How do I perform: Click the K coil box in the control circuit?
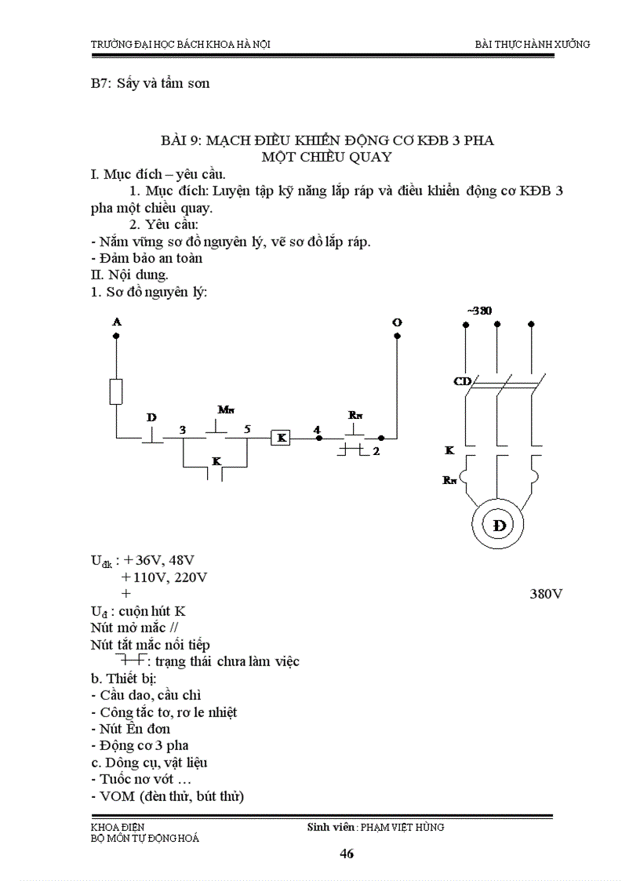click(x=280, y=438)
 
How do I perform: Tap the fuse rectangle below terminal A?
click(x=116, y=391)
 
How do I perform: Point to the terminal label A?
click(x=117, y=322)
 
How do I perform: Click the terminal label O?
click(x=397, y=322)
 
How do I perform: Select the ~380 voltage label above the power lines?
click(x=479, y=311)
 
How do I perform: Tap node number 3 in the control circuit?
click(x=182, y=430)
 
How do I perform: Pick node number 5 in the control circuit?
click(x=247, y=430)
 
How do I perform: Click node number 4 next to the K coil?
click(x=317, y=429)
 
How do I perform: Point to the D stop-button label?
click(x=151, y=417)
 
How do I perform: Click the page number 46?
click(x=347, y=854)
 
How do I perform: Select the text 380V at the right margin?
click(x=547, y=594)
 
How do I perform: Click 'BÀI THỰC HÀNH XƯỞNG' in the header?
click(x=533, y=44)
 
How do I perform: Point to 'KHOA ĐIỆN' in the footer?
click(x=118, y=827)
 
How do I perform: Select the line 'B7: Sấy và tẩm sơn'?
click(x=150, y=83)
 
